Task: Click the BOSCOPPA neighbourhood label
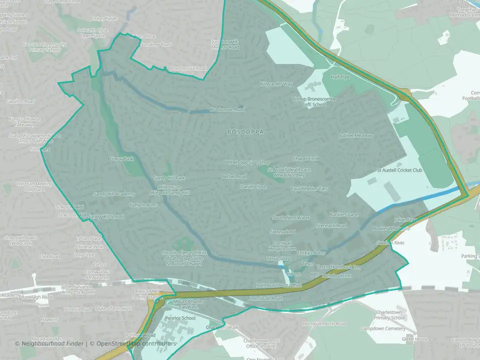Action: point(245,132)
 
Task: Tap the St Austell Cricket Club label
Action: point(399,170)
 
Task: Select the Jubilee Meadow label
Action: point(356,135)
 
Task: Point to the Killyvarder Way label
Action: point(276,84)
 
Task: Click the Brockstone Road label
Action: point(227,109)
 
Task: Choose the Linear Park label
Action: point(121,159)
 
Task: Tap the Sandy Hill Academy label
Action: point(114,194)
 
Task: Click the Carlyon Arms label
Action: point(143,205)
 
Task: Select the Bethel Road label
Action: point(234,176)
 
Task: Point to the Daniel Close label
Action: point(253,186)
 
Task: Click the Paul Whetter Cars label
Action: point(309,189)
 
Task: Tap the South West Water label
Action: point(291,218)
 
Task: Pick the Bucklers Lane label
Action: point(344,214)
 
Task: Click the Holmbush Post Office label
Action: point(279,285)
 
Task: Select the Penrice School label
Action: point(180,318)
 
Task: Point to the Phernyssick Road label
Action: point(188,68)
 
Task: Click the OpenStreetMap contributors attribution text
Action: point(136,343)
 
